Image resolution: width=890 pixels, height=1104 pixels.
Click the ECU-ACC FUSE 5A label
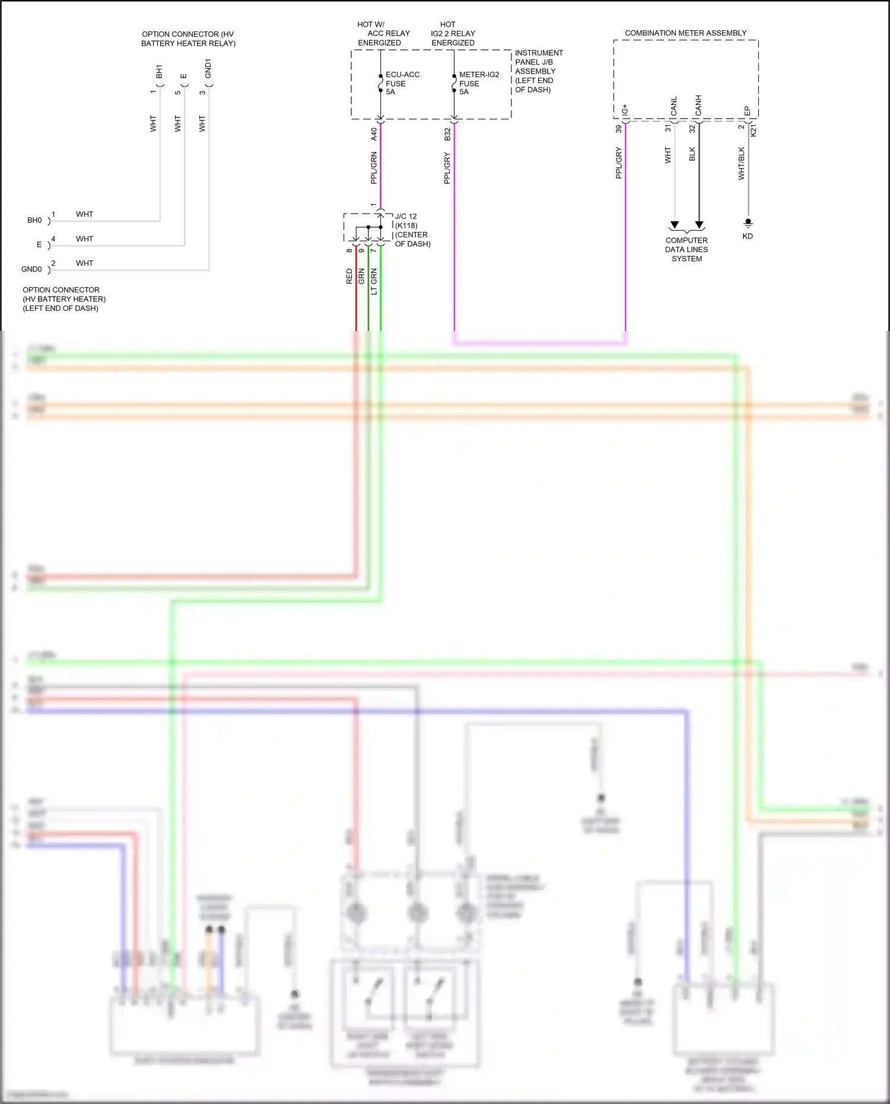[x=402, y=83]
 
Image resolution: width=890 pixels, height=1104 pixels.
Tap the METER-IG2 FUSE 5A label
[x=478, y=83]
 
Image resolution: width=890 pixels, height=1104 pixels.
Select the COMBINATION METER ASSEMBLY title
[x=685, y=33]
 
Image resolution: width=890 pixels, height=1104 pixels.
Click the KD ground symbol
[x=748, y=223]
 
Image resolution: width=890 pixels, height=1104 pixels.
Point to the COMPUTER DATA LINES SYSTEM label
[x=686, y=250]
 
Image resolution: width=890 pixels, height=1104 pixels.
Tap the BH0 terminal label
[x=34, y=221]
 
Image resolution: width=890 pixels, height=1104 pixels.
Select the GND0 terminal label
[x=31, y=269]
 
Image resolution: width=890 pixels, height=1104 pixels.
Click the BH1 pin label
[x=159, y=72]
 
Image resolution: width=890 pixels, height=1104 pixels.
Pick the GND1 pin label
[x=208, y=69]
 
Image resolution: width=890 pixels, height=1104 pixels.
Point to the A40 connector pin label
[x=374, y=134]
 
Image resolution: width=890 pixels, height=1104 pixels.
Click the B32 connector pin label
[x=447, y=134]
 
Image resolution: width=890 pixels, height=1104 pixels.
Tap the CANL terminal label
[x=673, y=107]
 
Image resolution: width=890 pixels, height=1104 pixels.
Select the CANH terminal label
[x=698, y=106]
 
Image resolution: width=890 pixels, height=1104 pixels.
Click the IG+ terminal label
[x=625, y=110]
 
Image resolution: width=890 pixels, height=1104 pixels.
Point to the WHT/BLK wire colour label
[x=741, y=164]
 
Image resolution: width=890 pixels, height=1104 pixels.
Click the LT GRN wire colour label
[x=374, y=282]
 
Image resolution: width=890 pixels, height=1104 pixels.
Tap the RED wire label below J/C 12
[x=349, y=276]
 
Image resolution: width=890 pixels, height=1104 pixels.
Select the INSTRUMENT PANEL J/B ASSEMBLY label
[x=538, y=71]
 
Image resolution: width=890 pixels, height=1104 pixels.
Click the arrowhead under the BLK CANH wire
[x=700, y=225]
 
